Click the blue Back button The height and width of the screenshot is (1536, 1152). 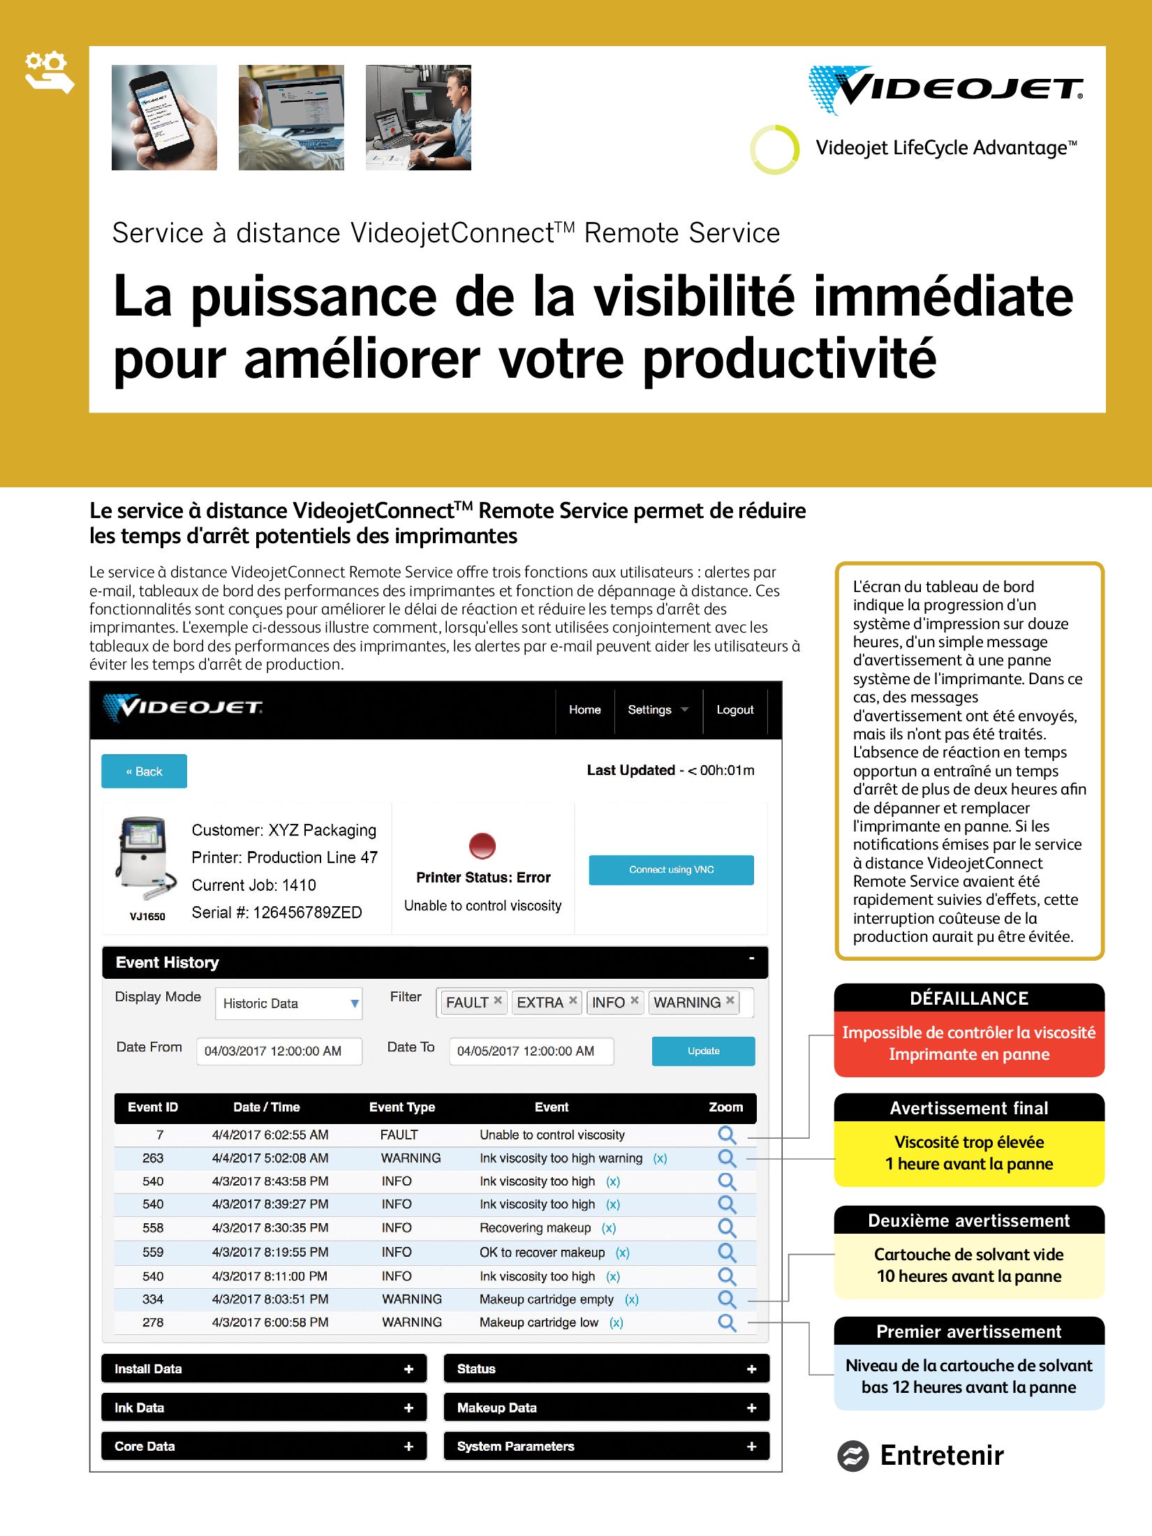point(144,771)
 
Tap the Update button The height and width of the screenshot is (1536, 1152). point(703,1051)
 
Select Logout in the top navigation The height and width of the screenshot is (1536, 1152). point(734,710)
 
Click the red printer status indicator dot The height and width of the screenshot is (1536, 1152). point(482,845)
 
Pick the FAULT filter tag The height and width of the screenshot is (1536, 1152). point(467,1003)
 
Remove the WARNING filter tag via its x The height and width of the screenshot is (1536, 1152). point(730,1000)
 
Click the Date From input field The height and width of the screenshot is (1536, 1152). point(279,1051)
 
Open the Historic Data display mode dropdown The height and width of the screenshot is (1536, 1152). point(288,1003)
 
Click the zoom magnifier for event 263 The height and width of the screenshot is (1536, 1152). point(727,1158)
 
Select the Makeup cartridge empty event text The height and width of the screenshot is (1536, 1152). point(546,1299)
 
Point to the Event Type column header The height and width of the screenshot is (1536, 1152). point(402,1107)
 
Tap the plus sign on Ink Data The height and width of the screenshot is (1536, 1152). point(408,1408)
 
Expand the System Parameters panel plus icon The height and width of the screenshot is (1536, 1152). point(751,1447)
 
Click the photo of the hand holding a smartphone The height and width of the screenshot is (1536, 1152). point(164,117)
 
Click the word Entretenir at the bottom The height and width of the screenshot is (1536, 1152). point(941,1456)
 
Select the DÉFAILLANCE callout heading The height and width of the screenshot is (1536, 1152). point(969,998)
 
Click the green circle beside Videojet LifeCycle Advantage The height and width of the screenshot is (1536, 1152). point(774,149)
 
